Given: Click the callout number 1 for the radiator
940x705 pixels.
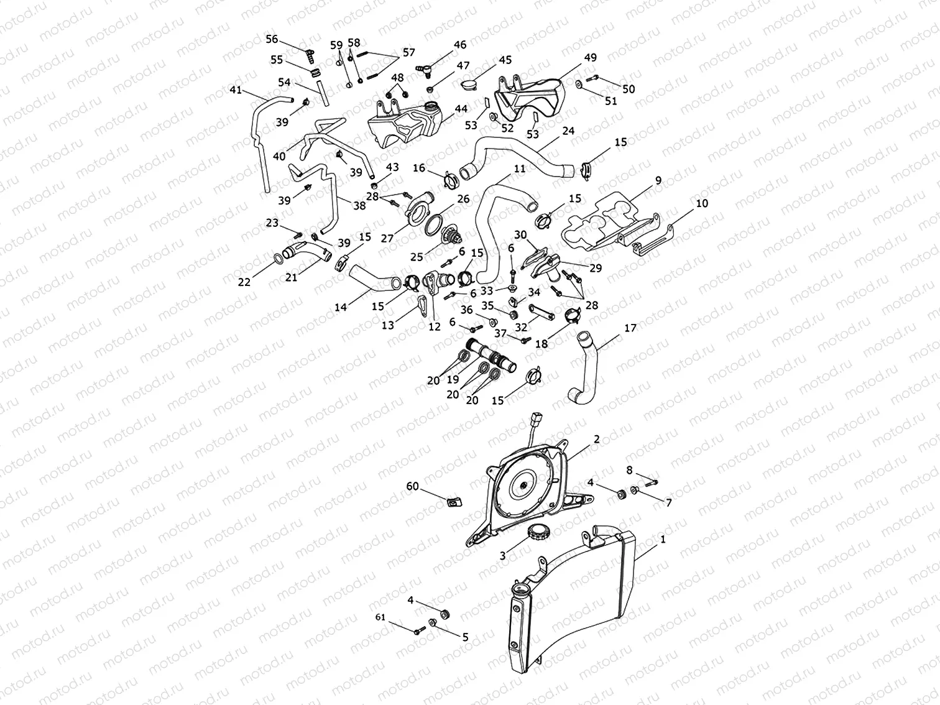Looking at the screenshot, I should pos(663,540).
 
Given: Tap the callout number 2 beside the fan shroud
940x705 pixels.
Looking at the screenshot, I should pos(597,439).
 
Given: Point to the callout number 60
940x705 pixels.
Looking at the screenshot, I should pos(412,486).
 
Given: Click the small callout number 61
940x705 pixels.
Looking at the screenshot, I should pos(380,617).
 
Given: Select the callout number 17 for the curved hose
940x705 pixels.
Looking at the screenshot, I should pos(630,328).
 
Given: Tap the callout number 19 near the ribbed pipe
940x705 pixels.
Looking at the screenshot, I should pos(453,379).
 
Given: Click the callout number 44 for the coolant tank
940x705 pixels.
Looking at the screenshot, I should pos(461,109).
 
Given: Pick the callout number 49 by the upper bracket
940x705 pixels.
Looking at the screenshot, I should pos(590,58).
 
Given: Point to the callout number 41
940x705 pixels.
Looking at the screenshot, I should pos(235,90).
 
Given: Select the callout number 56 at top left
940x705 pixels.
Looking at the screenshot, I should pos(272,39).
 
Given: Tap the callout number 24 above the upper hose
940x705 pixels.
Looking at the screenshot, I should pos(568,131).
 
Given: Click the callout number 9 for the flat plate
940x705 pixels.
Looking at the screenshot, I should pos(658,181).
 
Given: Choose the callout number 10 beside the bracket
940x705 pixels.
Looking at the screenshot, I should pos(702,203).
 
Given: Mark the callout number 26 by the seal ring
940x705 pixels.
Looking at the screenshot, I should pos(463,199).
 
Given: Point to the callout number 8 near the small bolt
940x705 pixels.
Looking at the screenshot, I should pos(629,470).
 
